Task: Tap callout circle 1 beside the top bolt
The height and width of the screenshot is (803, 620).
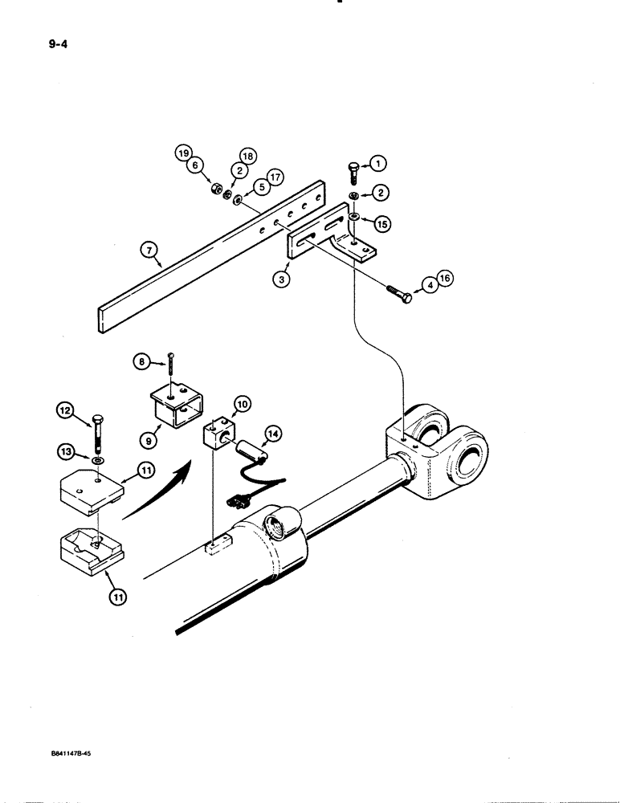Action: pos(381,164)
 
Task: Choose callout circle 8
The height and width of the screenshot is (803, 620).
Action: pos(141,361)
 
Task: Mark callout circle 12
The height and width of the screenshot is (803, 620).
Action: pos(66,413)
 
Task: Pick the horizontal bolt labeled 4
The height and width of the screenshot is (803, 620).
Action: pos(400,294)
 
